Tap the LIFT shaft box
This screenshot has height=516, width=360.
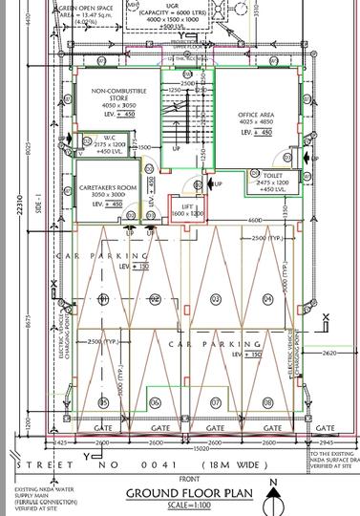click(x=187, y=209)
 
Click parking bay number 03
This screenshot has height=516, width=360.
click(x=215, y=299)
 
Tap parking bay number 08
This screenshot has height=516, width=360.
click(x=267, y=401)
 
